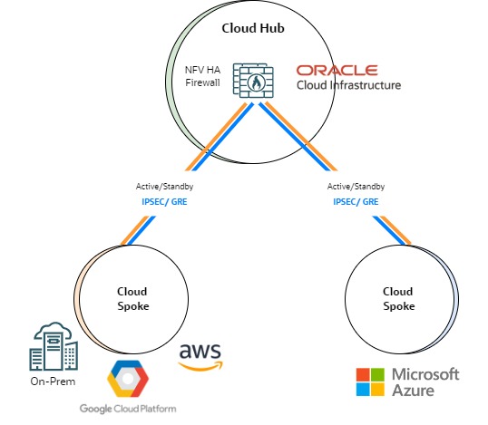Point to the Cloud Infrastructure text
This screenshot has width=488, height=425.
(x=348, y=86)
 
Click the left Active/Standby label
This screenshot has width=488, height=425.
(x=165, y=187)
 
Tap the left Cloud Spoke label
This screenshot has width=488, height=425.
(x=132, y=299)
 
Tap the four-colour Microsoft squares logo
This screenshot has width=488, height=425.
(x=369, y=382)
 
